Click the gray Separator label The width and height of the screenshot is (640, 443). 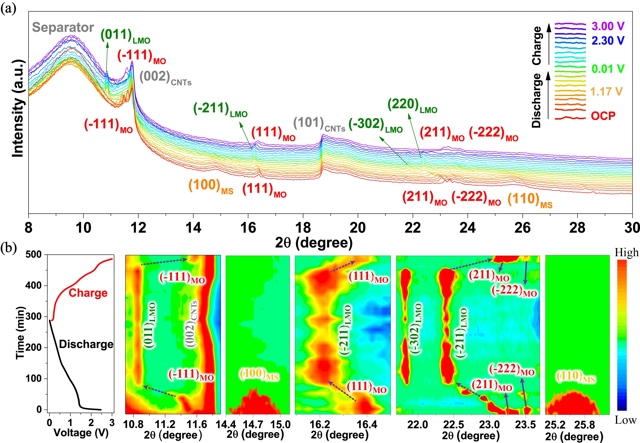pyautogui.click(x=63, y=27)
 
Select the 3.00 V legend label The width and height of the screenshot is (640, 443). pyautogui.click(x=608, y=26)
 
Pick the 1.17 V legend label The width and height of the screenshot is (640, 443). pyautogui.click(x=606, y=92)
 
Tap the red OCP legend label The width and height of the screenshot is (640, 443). pyautogui.click(x=603, y=116)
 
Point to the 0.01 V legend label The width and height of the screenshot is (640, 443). pyautogui.click(x=608, y=69)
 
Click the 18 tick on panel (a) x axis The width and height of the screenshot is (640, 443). pyautogui.click(x=303, y=228)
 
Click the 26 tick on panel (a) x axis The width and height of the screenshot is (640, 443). pyautogui.click(x=523, y=228)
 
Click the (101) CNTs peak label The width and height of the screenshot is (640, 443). pyautogui.click(x=319, y=124)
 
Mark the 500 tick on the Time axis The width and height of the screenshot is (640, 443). pyautogui.click(x=33, y=255)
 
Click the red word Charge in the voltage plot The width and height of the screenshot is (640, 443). pyautogui.click(x=88, y=293)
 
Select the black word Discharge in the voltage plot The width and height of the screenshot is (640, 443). pyautogui.click(x=86, y=344)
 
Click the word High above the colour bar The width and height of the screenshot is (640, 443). pyautogui.click(x=626, y=253)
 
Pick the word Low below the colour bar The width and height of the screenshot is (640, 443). pyautogui.click(x=626, y=420)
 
